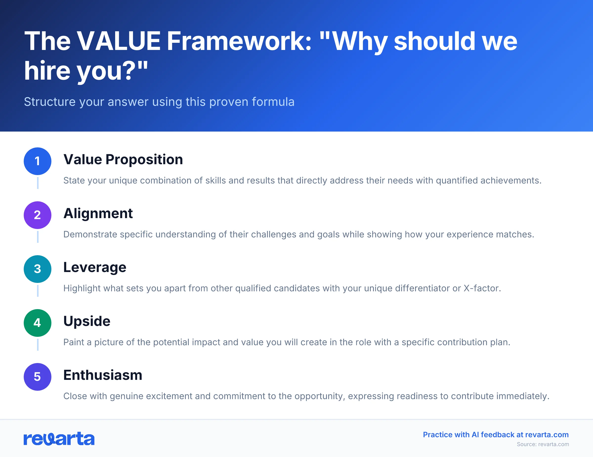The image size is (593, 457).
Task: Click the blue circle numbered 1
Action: (38, 161)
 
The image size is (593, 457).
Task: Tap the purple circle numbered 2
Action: (38, 215)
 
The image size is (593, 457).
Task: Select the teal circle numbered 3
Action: (38, 269)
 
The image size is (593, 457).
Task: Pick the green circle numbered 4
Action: (38, 323)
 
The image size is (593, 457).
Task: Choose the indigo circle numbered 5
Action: (38, 377)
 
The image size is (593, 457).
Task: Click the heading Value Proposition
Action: (123, 159)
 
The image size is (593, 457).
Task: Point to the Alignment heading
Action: (98, 213)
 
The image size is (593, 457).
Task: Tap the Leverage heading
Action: (95, 267)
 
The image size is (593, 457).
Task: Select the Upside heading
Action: (87, 321)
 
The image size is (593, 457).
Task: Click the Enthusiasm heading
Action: (103, 375)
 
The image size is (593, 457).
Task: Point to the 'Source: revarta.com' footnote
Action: (543, 444)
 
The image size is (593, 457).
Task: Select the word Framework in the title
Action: (239, 41)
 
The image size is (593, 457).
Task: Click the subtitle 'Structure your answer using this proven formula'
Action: (159, 102)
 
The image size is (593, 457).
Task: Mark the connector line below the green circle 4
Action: (38, 344)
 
